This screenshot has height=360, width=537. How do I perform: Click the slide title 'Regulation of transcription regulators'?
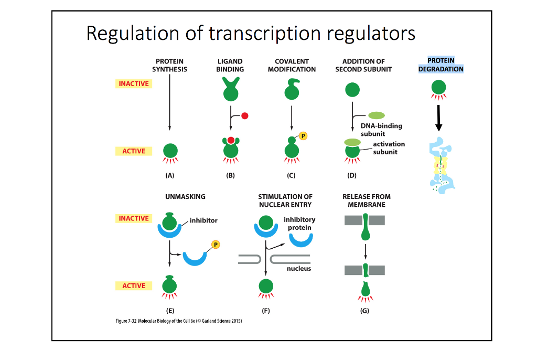[x=251, y=34]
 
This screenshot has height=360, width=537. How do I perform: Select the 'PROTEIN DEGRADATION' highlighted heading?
[x=441, y=65]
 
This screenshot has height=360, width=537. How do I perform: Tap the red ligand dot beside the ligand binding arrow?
[x=244, y=116]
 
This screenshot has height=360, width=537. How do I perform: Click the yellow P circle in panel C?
[x=303, y=136]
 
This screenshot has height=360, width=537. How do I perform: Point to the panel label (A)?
[x=169, y=176]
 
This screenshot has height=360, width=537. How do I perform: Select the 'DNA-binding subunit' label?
[x=381, y=130]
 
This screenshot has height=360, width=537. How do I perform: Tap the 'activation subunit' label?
[x=389, y=147]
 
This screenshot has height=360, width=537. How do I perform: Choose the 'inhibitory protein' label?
[x=299, y=224]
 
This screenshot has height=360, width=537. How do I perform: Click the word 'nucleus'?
[x=299, y=269]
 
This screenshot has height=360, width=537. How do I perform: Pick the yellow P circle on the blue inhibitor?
[x=215, y=244]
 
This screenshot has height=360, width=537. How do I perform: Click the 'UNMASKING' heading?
[x=185, y=197]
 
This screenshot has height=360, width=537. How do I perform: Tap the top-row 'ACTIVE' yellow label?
[x=134, y=151]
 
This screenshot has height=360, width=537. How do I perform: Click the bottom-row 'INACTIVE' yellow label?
[x=134, y=218]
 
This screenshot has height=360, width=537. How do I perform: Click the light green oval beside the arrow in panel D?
[x=376, y=115]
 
